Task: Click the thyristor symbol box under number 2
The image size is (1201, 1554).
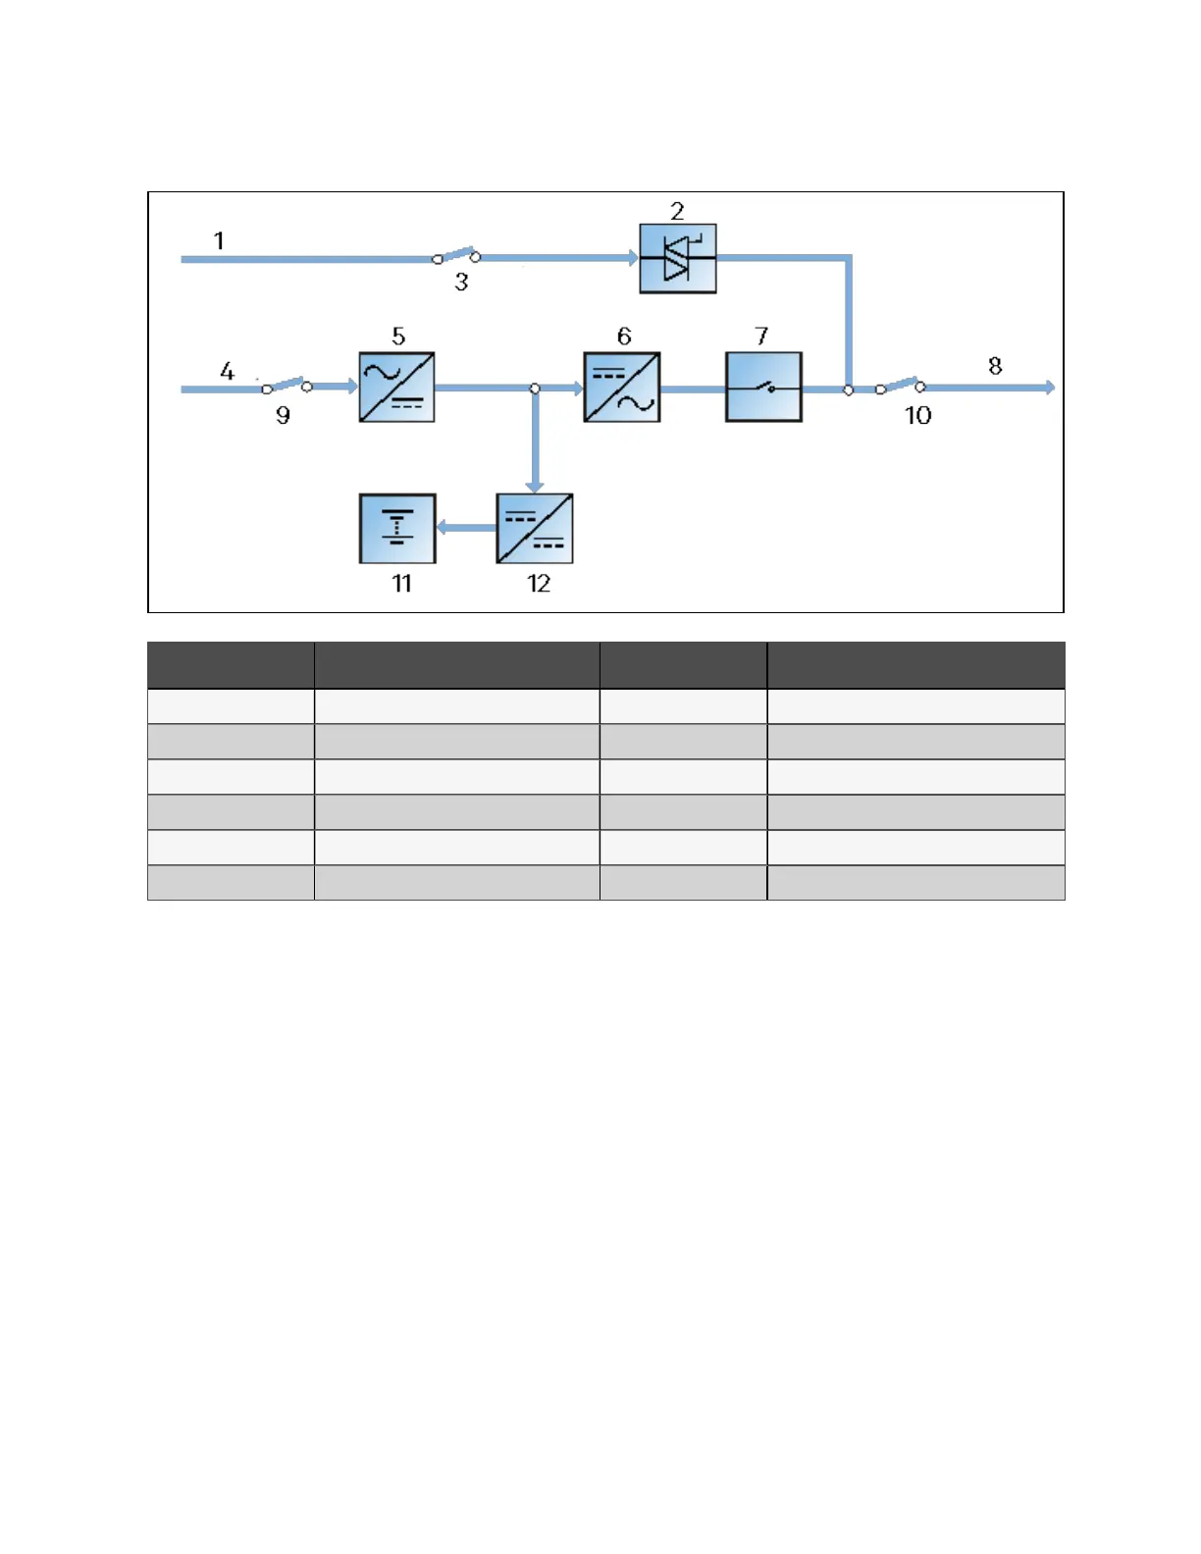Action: [x=677, y=259]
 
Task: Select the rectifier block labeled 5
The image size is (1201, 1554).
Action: [x=396, y=388]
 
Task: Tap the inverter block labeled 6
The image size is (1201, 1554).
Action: [x=621, y=388]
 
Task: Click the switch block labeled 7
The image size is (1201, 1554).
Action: [x=763, y=388]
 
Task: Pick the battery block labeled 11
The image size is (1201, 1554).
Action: [x=397, y=529]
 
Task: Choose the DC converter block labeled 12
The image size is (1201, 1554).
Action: [x=535, y=529]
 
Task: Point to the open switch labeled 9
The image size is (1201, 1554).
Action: [x=287, y=386]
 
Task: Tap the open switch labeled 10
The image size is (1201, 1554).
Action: [x=900, y=386]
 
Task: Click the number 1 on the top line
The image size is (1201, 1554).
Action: [x=219, y=240]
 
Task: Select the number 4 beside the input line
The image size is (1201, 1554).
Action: [x=227, y=371]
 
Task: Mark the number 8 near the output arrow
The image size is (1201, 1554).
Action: [x=995, y=366]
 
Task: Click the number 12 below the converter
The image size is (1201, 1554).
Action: [x=539, y=584]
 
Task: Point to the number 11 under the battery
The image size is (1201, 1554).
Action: [x=401, y=584]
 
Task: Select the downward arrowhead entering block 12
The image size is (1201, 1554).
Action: [x=535, y=486]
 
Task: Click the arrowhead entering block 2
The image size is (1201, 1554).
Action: [x=633, y=258]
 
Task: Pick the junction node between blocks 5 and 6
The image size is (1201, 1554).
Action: [x=535, y=388]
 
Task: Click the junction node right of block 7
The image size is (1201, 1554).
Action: [x=849, y=389]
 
